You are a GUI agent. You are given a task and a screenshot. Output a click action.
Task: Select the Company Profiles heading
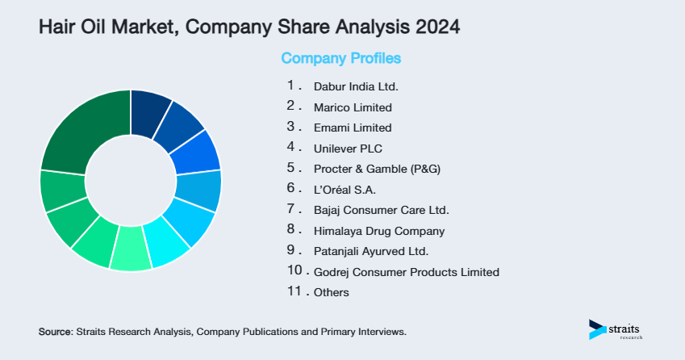[340, 58]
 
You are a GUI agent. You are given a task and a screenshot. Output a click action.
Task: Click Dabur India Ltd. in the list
[356, 86]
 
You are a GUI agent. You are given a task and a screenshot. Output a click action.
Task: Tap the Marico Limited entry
[353, 107]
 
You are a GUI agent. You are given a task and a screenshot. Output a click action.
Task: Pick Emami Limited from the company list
[352, 128]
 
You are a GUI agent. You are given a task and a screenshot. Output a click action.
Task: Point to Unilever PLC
[348, 149]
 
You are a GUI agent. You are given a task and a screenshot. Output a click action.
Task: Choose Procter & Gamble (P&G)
[377, 169]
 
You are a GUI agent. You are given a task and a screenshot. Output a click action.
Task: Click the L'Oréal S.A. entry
[345, 190]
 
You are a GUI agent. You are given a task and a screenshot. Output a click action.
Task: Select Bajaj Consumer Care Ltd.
[381, 210]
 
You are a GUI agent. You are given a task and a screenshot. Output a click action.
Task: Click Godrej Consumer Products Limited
[406, 272]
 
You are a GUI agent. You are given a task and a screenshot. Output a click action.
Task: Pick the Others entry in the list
[331, 292]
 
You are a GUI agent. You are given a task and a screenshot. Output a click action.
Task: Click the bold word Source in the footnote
[55, 332]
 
